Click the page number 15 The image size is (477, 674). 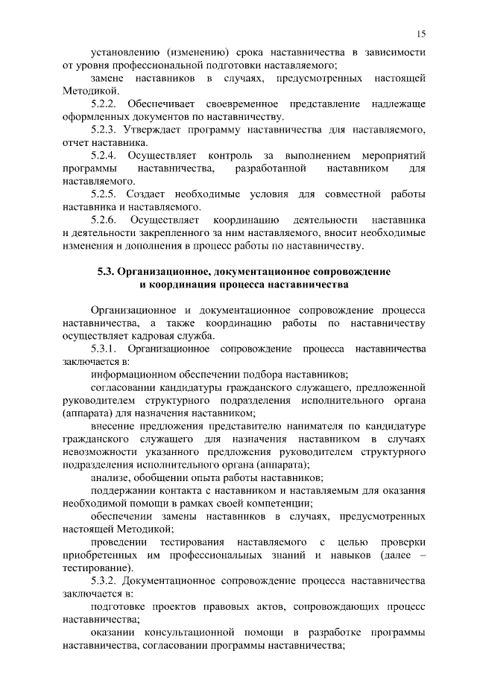(x=421, y=34)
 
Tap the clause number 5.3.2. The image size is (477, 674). (x=105, y=580)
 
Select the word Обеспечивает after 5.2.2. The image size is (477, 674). (x=165, y=104)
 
